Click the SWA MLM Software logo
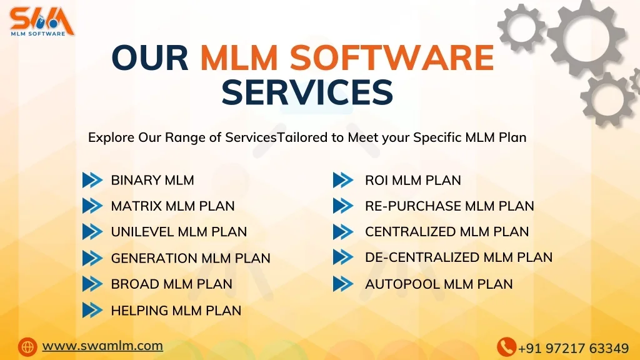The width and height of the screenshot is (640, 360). (42, 21)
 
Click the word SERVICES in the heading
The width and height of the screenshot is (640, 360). (307, 92)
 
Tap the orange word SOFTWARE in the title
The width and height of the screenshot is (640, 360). (392, 59)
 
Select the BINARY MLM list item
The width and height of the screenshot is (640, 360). (152, 180)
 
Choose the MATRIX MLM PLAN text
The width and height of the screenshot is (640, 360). (172, 206)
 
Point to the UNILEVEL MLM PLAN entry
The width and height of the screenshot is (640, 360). (179, 232)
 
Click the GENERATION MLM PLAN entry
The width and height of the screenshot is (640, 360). (191, 258)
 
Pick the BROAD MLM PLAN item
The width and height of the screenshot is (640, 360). (171, 284)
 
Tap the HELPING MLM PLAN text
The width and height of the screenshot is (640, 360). (176, 310)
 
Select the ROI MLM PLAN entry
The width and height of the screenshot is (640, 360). (412, 180)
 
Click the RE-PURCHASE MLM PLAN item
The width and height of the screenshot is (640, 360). (449, 206)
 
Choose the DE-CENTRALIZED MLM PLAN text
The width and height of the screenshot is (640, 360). (458, 257)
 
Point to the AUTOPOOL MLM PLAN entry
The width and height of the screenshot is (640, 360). (438, 284)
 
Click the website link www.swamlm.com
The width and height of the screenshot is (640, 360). (102, 346)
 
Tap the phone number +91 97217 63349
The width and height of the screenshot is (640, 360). (573, 348)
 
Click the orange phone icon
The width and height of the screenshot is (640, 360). (506, 347)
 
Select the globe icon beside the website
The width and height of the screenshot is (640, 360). (27, 346)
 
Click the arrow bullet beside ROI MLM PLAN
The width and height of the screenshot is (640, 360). (342, 180)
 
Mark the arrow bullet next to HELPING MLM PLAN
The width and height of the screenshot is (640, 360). (92, 310)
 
